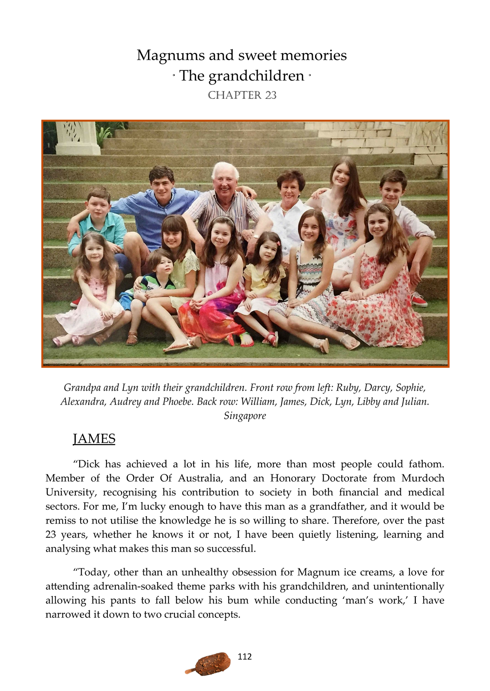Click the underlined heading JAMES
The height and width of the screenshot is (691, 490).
pos(94,439)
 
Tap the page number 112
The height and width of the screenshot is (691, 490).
pos(245,657)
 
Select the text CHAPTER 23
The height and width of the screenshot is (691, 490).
pos(242,95)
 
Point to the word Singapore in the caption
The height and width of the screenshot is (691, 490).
pos(245,416)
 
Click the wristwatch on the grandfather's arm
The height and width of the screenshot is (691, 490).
pos(256,236)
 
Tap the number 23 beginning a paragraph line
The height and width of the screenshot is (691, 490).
pos(53,534)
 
